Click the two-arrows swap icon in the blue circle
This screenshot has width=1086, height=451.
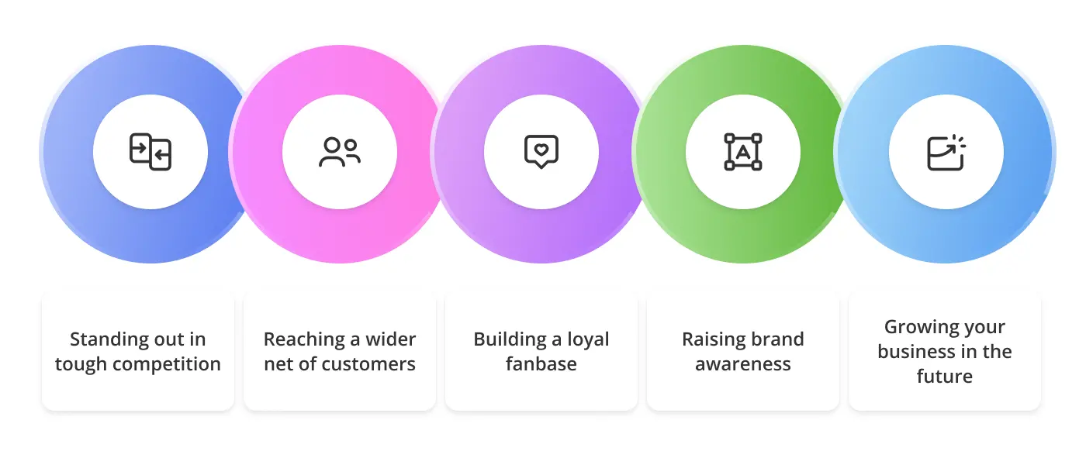[150, 152]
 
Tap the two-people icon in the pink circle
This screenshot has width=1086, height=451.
[340, 152]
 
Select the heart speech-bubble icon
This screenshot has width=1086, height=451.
[541, 152]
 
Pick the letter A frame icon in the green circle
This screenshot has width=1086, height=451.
[743, 152]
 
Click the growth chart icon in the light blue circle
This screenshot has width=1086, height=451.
[946, 152]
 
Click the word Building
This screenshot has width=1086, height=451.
[510, 339]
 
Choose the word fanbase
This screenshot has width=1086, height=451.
[541, 364]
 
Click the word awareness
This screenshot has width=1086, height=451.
[743, 364]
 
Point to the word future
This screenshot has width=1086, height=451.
[945, 377]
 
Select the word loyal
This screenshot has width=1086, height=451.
[587, 339]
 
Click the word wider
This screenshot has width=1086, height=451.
[392, 339]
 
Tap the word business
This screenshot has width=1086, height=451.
[915, 352]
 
